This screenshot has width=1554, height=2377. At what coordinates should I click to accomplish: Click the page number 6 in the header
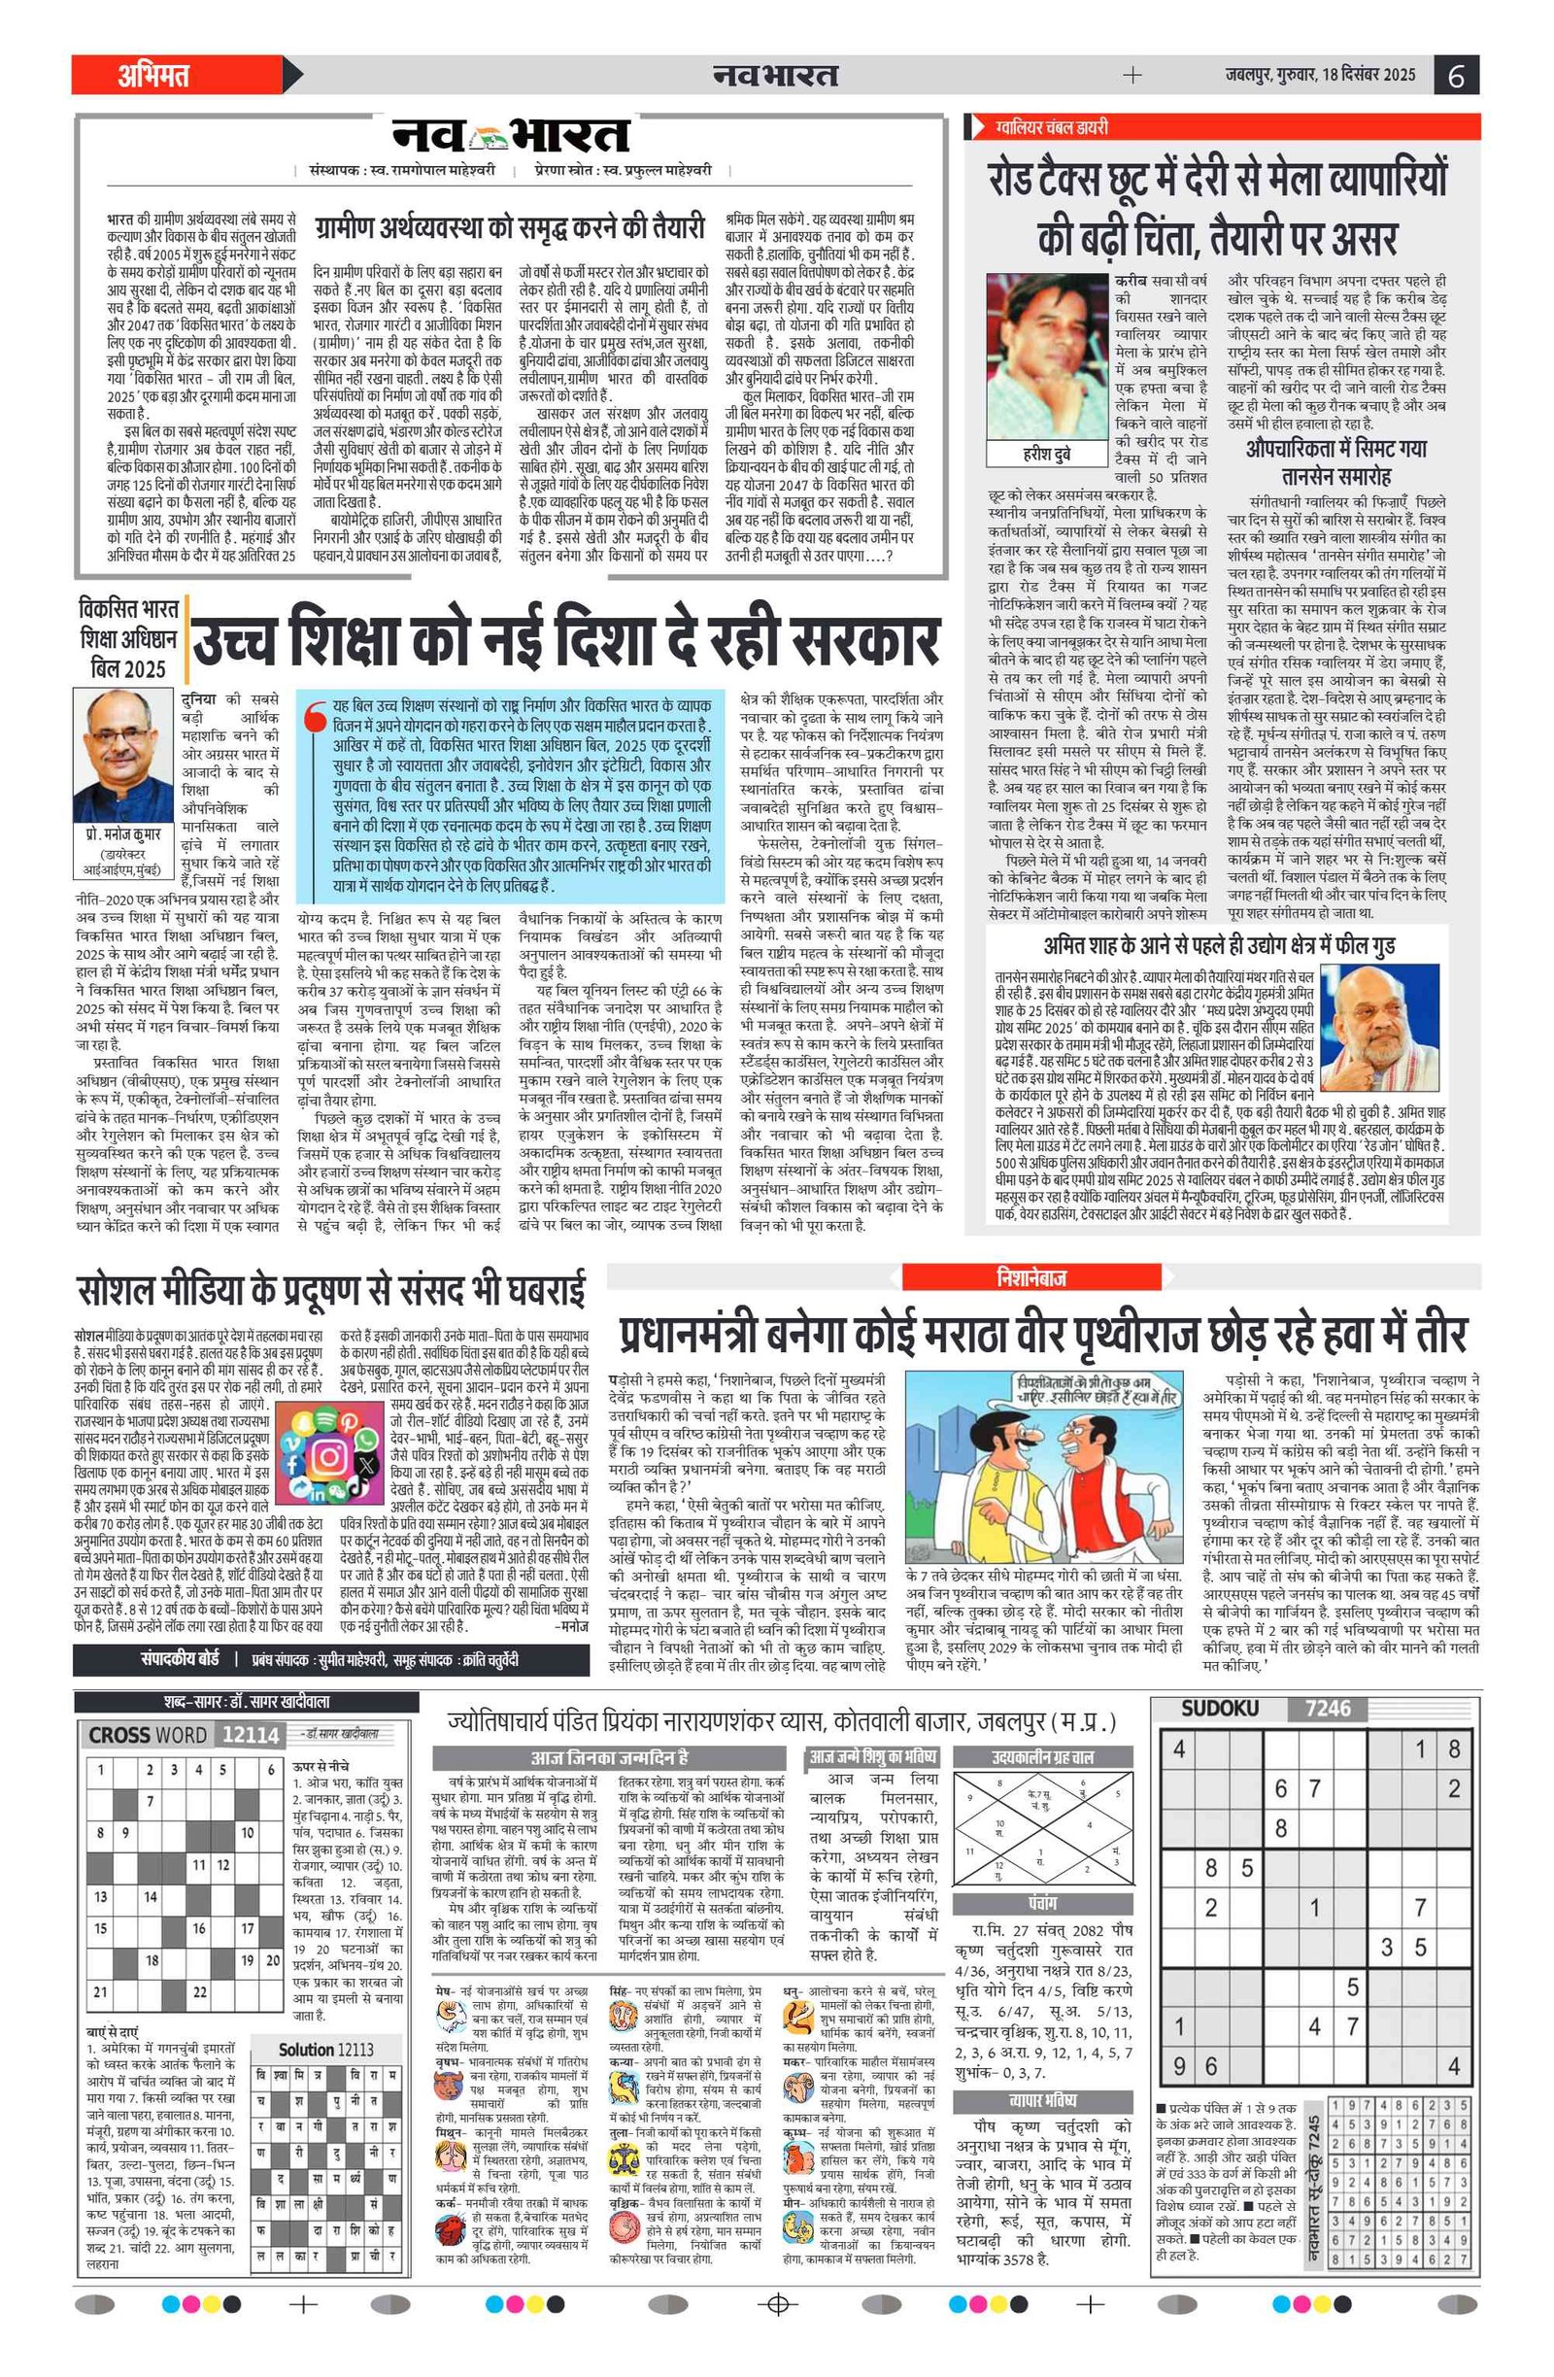(x=1455, y=76)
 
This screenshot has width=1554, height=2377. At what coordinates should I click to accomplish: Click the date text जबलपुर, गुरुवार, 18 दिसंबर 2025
(x=1320, y=75)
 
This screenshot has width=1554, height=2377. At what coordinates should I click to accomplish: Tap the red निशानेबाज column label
(x=1030, y=1276)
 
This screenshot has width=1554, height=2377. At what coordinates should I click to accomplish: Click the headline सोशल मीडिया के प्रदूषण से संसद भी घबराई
(x=331, y=1290)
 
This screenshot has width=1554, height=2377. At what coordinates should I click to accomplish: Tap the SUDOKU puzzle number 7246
(x=1328, y=1709)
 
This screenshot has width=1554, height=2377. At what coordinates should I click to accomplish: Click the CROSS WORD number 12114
(x=250, y=1735)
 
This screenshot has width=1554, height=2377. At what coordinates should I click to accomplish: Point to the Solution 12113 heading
(x=326, y=2050)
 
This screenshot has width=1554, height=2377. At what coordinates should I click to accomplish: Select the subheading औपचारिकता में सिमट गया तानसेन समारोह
(x=1336, y=462)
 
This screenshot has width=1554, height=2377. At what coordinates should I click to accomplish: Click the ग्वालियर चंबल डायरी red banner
(x=1052, y=127)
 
